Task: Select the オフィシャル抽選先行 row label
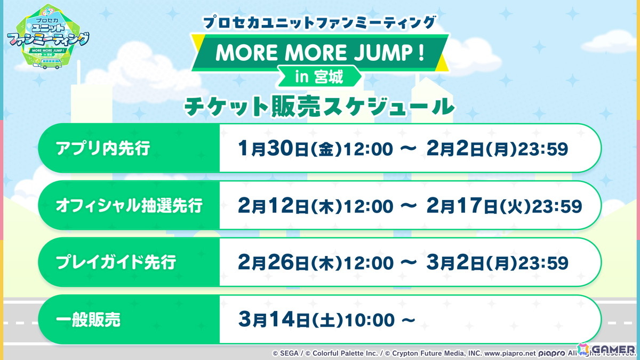[x=129, y=206]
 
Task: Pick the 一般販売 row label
[x=89, y=320]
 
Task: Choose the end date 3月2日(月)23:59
[x=497, y=263]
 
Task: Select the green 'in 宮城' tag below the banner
[x=319, y=77]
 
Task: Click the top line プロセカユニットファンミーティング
[x=320, y=23]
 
